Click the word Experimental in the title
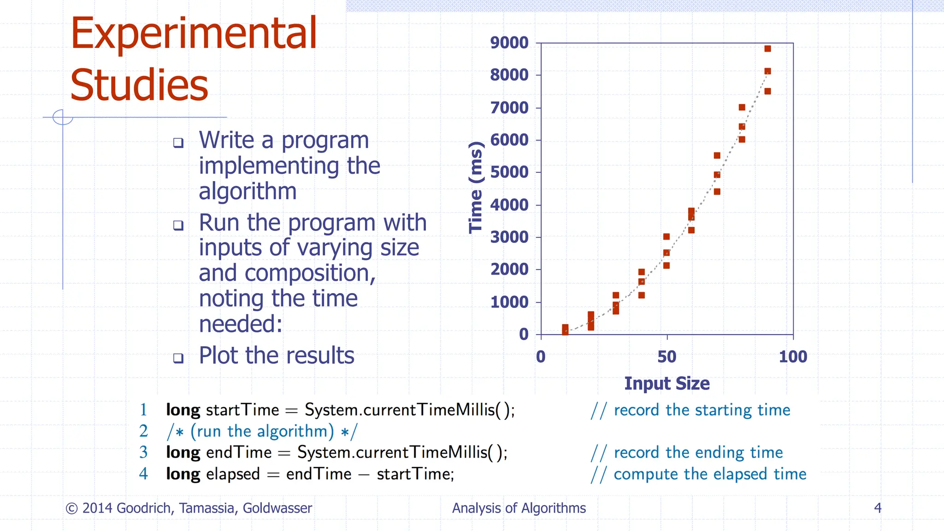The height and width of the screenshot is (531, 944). click(194, 33)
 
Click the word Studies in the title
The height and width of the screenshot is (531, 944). click(139, 86)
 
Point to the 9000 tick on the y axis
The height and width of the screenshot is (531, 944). click(509, 42)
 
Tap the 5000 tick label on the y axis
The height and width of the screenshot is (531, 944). click(509, 172)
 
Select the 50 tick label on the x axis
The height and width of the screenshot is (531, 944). click(667, 357)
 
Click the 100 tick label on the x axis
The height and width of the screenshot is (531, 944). click(793, 357)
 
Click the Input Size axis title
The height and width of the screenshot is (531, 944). click(667, 383)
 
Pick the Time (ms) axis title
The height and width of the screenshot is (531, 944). click(476, 188)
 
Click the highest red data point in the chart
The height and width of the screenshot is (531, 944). click(767, 49)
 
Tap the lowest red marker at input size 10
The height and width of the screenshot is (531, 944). click(565, 331)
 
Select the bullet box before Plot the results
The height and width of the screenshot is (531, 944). click(178, 358)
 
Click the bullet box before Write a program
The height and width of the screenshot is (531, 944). click(178, 143)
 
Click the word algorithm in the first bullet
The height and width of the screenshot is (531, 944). click(248, 191)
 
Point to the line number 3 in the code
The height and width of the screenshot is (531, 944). click(143, 452)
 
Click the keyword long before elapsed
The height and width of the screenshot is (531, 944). click(183, 474)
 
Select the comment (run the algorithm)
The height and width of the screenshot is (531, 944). click(262, 431)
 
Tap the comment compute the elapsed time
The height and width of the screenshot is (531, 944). click(710, 474)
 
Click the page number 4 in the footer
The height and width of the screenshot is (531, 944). click(878, 508)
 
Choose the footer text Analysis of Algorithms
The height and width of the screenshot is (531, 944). click(519, 508)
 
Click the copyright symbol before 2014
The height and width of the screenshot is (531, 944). click(71, 508)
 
